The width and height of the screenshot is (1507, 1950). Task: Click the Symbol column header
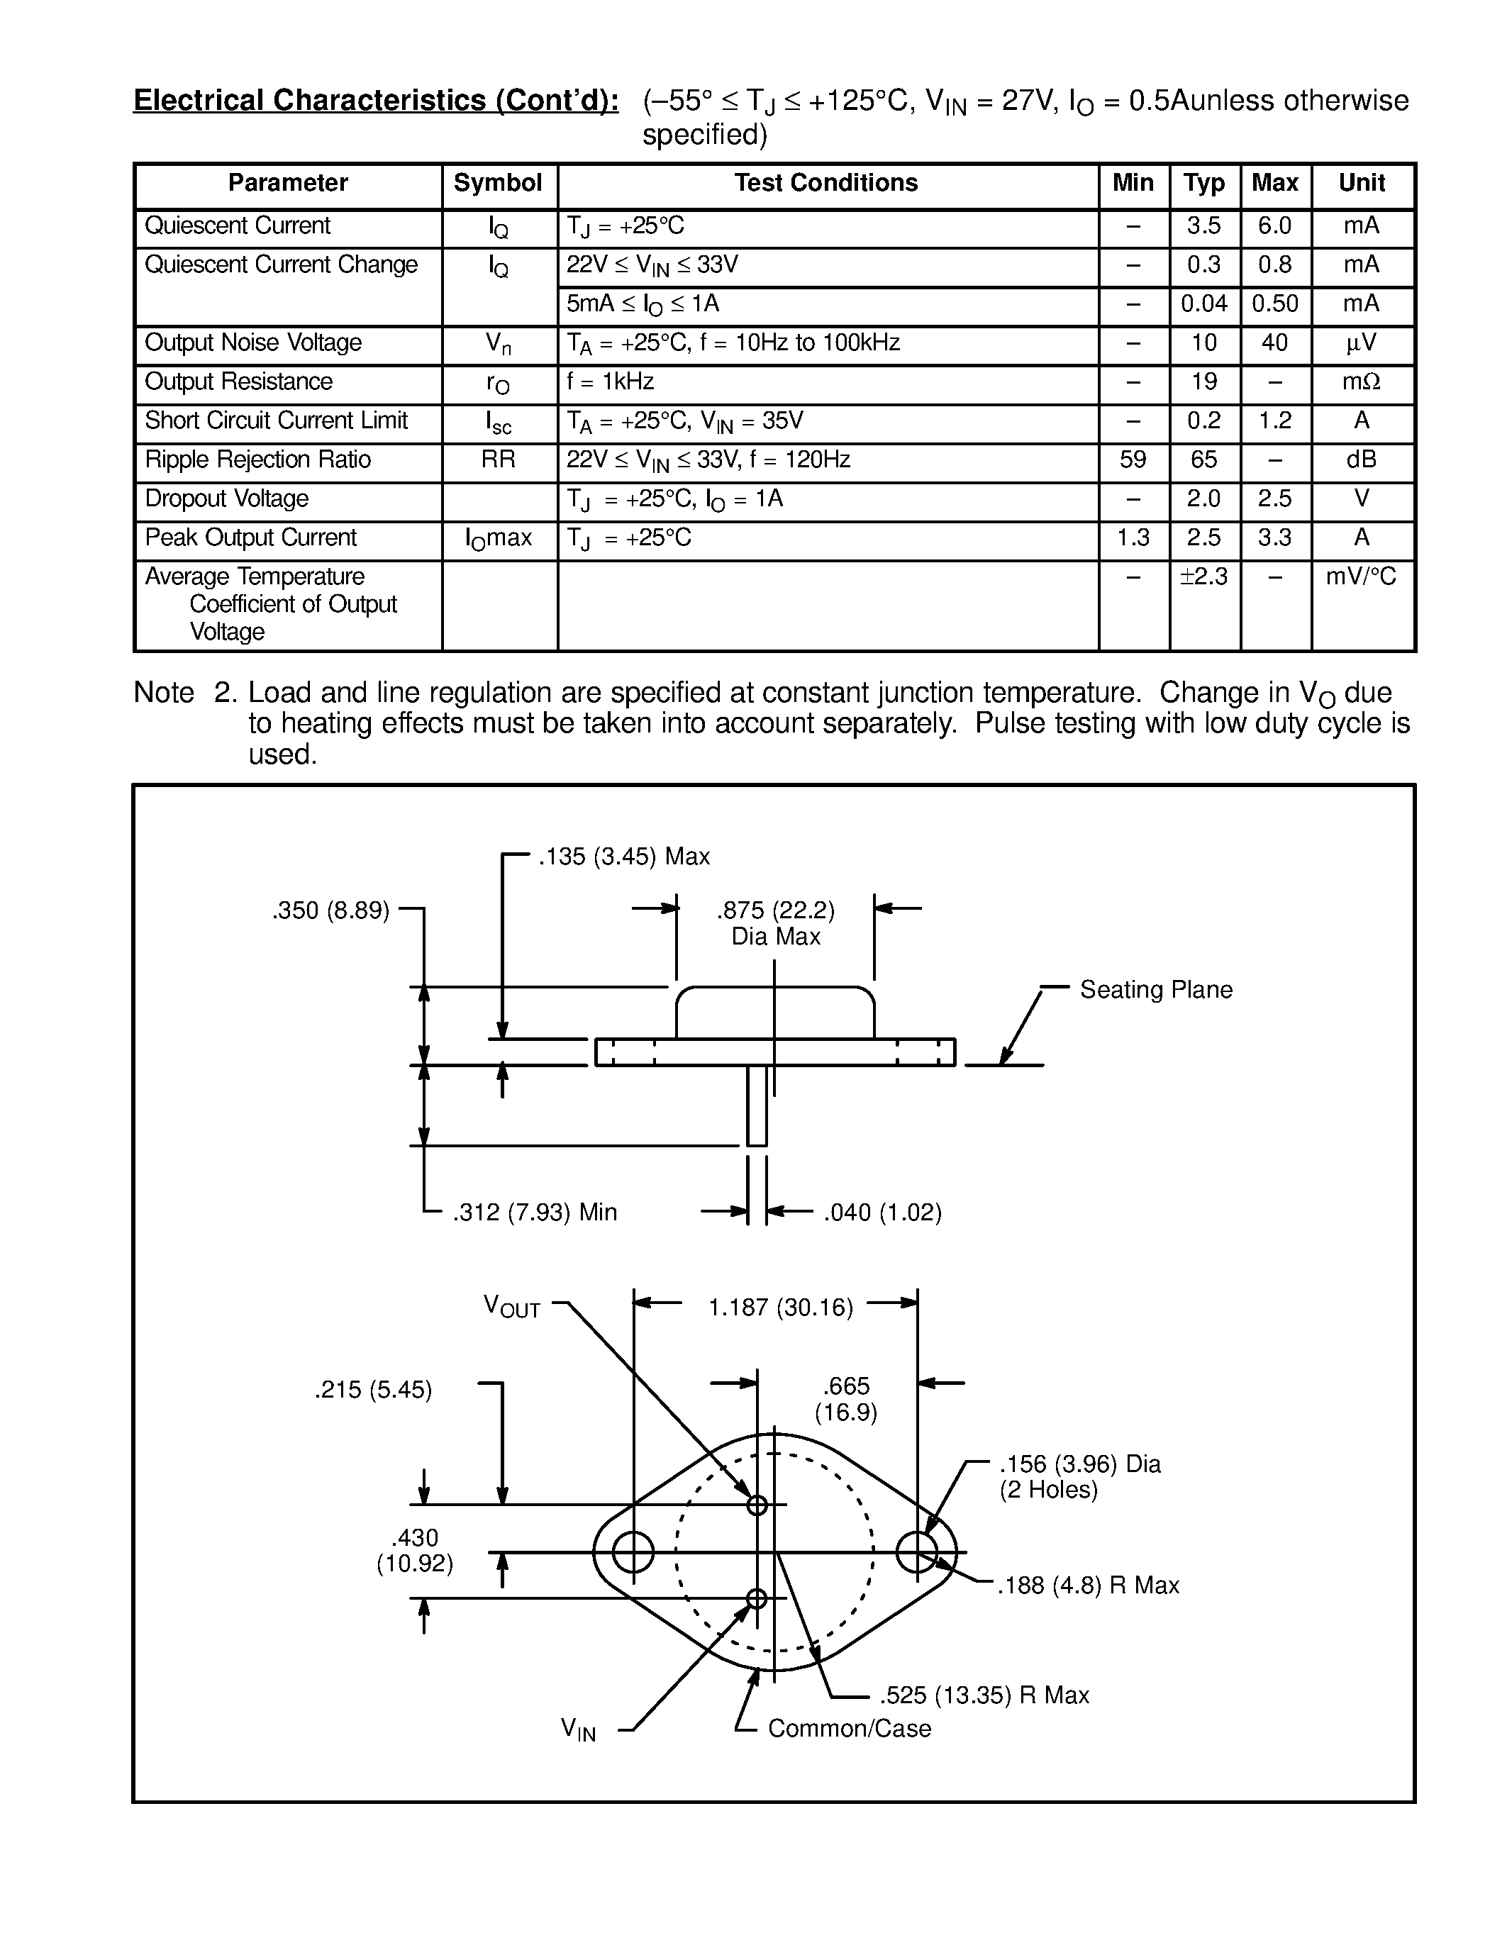tap(497, 183)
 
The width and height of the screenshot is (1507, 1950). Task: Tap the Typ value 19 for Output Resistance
tap(1203, 382)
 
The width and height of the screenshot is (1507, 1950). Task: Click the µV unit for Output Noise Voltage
tap(1361, 343)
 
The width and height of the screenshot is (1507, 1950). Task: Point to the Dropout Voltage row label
tap(227, 498)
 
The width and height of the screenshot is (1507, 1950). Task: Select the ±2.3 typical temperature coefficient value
tap(1203, 576)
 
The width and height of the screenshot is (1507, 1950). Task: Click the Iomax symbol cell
tap(498, 538)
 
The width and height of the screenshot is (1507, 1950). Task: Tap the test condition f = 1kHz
tap(611, 382)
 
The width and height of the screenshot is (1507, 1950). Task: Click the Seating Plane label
tap(1155, 989)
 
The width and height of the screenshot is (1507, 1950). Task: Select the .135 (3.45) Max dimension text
tap(623, 857)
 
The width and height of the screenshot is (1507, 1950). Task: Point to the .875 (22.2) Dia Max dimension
tap(775, 923)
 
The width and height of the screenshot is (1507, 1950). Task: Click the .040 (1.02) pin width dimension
tap(882, 1213)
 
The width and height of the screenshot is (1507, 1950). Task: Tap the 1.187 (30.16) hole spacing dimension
tap(780, 1308)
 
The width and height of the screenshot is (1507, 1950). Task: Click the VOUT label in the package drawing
tap(511, 1306)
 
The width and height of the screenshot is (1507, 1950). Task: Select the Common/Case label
tap(848, 1729)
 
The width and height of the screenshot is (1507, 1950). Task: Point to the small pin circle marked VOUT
tap(757, 1505)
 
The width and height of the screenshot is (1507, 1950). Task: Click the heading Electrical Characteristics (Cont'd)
tap(376, 100)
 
